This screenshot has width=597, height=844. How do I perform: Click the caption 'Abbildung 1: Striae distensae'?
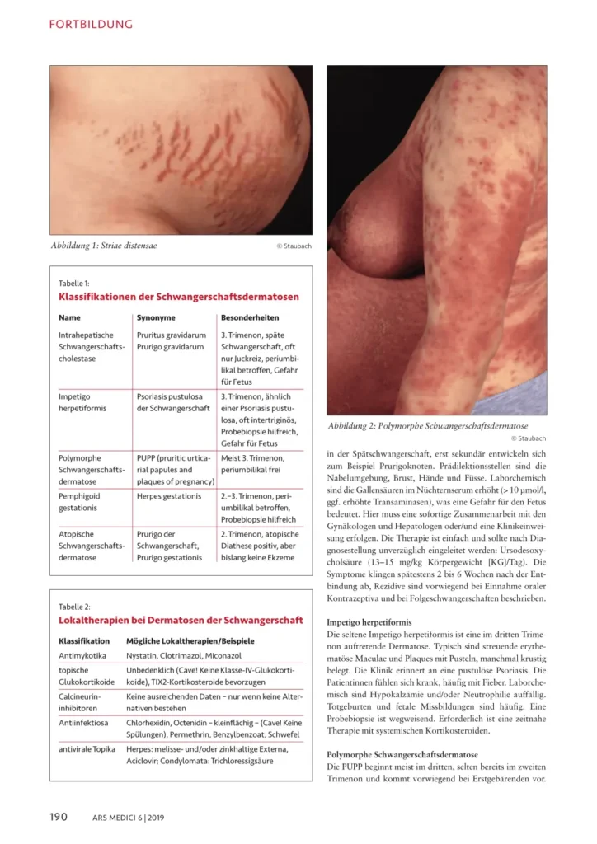coord(104,246)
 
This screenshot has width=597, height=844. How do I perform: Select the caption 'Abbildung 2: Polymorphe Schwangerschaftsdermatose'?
coord(428,426)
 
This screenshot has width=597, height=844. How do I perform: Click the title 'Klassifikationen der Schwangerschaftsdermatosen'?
coord(179,296)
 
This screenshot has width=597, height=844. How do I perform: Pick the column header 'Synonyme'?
coord(156,316)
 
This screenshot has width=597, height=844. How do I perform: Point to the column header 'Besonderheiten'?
coord(249,316)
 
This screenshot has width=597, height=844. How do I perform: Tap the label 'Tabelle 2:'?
coord(75,606)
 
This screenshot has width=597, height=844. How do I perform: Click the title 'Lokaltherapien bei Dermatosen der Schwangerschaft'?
coord(181,620)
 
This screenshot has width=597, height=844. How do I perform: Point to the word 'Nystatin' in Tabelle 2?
coord(145,655)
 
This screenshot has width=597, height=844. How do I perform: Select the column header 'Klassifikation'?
coord(84,640)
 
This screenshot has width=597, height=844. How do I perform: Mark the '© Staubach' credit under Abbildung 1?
coord(294,246)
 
